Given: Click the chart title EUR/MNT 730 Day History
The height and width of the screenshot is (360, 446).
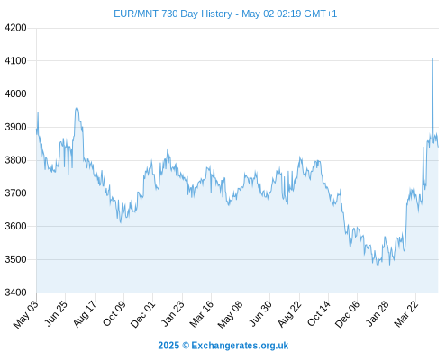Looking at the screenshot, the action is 173,13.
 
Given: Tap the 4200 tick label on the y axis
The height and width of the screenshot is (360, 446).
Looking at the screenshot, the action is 15,28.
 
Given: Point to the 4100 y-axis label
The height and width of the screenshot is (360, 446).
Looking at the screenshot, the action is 15,61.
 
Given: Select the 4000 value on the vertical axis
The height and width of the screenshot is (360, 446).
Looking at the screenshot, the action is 15,94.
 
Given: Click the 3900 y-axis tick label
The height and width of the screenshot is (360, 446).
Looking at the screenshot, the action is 15,127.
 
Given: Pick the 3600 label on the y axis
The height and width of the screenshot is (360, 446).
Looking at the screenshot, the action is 15,226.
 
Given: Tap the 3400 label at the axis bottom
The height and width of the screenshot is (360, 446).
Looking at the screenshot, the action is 15,292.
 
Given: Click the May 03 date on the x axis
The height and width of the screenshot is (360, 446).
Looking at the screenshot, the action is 26,314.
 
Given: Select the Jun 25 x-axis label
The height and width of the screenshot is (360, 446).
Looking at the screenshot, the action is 55,313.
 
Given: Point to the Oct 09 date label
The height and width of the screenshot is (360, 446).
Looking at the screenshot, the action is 114,313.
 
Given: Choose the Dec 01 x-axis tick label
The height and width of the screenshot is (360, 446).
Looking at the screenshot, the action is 142,314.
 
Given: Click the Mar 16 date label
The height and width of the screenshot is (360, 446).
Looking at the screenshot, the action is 201,314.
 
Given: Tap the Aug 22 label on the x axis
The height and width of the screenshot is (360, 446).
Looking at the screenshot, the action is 289,314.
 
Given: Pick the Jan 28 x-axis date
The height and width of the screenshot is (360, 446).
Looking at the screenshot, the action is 378,314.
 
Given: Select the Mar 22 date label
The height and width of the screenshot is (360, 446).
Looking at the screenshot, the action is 406,314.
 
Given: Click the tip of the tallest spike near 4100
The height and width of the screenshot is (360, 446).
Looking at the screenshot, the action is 432,58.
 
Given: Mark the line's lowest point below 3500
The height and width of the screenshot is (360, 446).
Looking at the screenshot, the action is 378,265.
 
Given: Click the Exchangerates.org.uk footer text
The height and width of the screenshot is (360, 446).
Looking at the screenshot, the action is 240,346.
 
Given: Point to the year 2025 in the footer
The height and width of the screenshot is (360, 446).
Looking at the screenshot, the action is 168,346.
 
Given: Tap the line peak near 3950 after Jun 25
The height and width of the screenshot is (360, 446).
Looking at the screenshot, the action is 77,108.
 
